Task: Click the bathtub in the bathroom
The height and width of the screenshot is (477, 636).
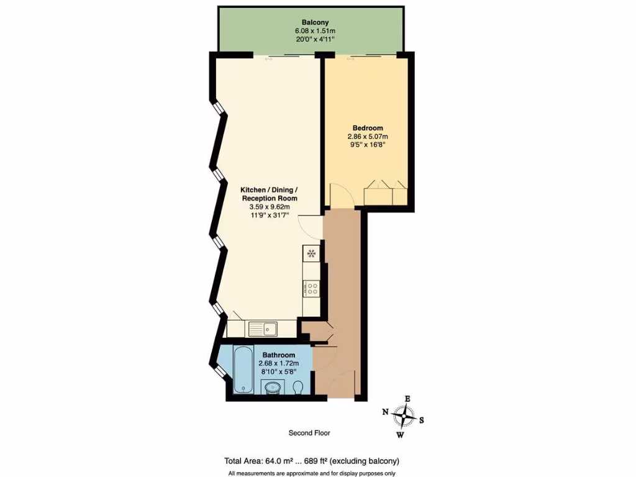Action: (243, 370)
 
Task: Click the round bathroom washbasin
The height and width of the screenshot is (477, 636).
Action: (273, 389)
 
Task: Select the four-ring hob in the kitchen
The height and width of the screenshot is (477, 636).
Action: (311, 288)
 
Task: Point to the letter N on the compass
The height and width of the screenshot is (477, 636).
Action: (386, 412)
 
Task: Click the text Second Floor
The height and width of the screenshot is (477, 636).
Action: (309, 433)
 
